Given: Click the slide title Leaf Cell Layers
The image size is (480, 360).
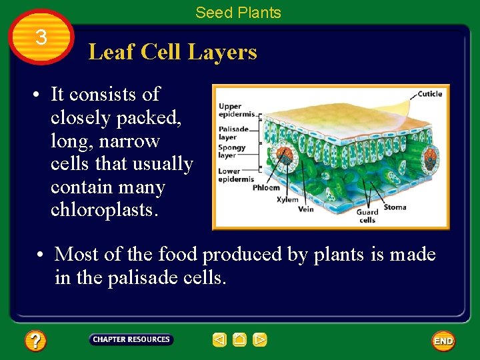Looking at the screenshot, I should [173, 51].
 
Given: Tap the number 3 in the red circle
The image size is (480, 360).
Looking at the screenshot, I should [41, 38].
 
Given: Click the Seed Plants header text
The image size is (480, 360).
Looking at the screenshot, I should [238, 12].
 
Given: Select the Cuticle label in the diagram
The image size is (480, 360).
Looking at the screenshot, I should [429, 94].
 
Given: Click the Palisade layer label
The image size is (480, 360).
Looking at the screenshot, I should [233, 133].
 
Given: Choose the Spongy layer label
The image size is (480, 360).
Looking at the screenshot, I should [231, 151].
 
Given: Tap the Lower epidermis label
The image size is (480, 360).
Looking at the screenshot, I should [235, 175].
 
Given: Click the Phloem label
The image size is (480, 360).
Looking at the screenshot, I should [266, 187].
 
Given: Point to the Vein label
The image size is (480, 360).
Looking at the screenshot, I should [305, 209].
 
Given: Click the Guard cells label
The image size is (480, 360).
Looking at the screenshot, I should [367, 216].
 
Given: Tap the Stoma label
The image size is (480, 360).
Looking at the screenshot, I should [395, 207].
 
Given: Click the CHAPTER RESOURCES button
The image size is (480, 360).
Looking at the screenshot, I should [131, 340].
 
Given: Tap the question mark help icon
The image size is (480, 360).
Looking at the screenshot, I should [35, 341].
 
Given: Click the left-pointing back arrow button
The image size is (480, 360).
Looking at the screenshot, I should [219, 340].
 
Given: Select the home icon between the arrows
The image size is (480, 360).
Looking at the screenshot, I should [239, 340].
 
